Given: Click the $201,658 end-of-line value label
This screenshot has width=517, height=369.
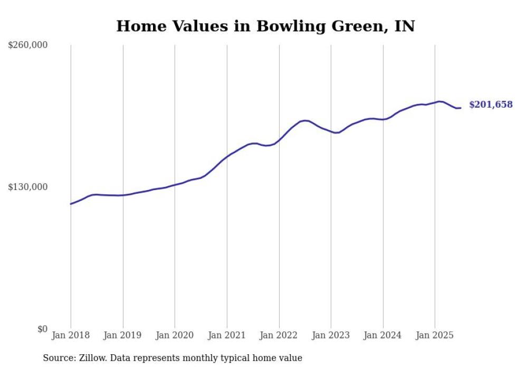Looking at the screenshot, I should click(491, 105).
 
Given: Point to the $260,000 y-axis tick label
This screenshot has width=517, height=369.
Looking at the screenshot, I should click(28, 45).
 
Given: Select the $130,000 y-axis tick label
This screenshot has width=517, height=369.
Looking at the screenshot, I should click(28, 187).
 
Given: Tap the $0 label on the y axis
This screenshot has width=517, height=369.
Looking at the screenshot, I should click(42, 329).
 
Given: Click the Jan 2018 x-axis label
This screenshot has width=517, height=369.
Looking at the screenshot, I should click(71, 335).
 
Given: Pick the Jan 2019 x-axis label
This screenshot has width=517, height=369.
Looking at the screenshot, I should click(123, 335).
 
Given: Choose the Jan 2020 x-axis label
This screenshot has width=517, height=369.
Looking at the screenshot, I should click(175, 335).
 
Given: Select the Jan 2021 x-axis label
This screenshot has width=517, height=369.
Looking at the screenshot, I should click(227, 335).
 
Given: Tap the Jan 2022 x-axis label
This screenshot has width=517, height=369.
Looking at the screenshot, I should click(279, 335).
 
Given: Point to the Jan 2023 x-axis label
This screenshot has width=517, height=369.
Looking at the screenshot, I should click(331, 335).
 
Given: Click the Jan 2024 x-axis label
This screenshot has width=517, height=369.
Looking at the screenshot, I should click(383, 335).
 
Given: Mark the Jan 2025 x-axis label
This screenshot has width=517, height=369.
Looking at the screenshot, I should click(435, 335).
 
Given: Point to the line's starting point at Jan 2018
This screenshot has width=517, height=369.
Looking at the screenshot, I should click(71, 204).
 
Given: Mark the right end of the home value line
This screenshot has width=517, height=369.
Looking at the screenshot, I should click(461, 108).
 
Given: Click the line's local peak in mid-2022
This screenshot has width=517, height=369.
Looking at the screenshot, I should click(305, 121).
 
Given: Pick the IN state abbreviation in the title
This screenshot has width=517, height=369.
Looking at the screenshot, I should click(405, 26).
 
